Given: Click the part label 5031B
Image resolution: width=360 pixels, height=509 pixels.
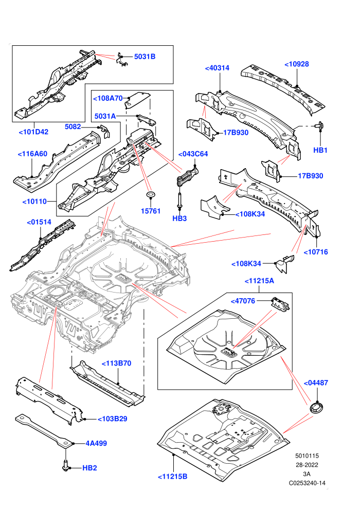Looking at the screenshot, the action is point(145,57).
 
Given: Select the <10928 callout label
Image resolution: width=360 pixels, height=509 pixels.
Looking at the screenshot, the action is point(297,64).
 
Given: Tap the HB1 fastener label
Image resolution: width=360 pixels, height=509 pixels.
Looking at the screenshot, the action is point(320,150).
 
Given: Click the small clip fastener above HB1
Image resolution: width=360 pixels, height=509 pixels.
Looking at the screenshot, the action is point(320,125).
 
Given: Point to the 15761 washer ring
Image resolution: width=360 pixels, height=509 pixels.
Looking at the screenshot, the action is point(151,195).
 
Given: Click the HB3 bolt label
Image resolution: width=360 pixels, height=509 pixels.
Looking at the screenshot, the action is point(179,219).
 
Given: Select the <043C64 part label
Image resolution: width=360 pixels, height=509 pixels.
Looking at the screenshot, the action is point(193,154).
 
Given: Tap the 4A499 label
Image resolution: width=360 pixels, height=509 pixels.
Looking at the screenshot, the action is point(96,443).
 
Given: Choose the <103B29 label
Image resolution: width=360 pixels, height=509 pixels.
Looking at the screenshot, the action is point(112,419).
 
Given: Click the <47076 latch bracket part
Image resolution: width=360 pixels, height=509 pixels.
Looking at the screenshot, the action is point(280,304).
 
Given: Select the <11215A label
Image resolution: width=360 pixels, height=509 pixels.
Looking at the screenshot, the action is point(259,281).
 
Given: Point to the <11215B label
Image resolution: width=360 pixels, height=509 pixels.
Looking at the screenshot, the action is point(173,477).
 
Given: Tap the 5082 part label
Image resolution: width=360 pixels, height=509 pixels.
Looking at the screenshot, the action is point(73,126).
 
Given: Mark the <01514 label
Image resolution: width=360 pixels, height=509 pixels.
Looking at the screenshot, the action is point(39,222).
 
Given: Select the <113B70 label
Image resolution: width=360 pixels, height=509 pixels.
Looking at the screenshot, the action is point(117,363).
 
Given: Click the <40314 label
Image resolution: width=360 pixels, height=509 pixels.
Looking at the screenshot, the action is point(217,68).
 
